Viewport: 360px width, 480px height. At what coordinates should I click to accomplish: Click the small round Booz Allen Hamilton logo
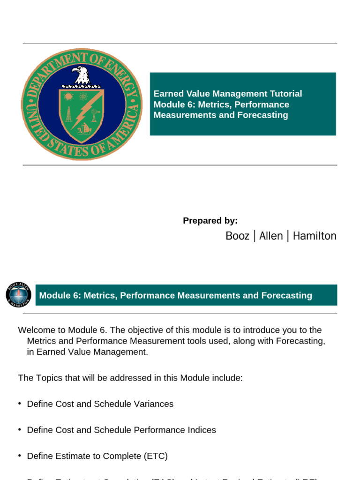18,295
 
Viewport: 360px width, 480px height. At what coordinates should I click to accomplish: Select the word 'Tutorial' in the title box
284,94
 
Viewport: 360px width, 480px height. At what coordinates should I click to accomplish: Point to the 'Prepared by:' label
210,221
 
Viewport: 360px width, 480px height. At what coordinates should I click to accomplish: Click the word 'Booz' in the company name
237,236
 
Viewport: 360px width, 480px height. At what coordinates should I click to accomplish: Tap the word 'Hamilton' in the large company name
315,236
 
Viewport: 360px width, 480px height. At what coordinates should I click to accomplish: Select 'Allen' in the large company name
271,236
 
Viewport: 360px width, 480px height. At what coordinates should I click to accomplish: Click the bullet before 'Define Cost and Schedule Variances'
20,404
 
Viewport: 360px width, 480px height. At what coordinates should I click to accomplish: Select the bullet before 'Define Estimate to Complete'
20,456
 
